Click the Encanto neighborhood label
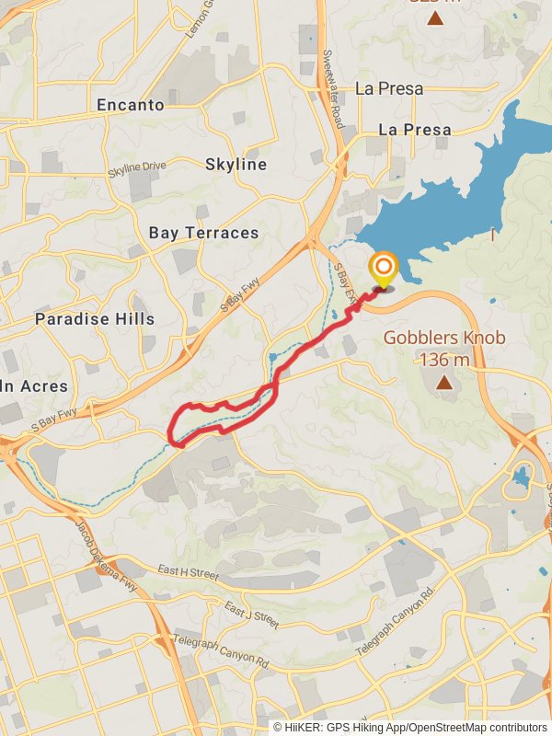click(x=131, y=105)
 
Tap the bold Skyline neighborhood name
click(x=236, y=165)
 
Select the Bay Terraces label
click(x=203, y=233)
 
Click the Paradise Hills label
click(x=95, y=319)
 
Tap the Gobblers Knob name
click(x=444, y=338)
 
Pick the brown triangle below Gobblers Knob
click(x=444, y=382)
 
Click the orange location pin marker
click(x=383, y=270)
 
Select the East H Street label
click(x=188, y=573)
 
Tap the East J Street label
click(x=251, y=615)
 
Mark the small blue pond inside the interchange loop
click(x=522, y=476)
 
